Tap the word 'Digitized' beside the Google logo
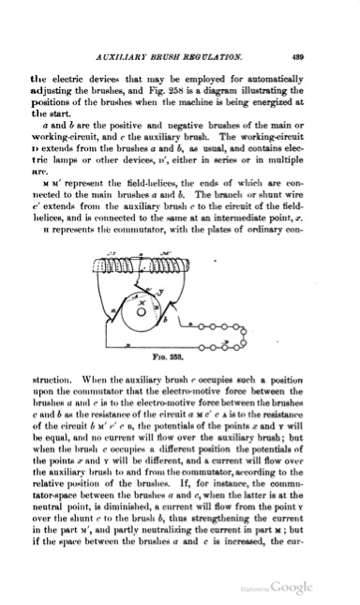(277, 587)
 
